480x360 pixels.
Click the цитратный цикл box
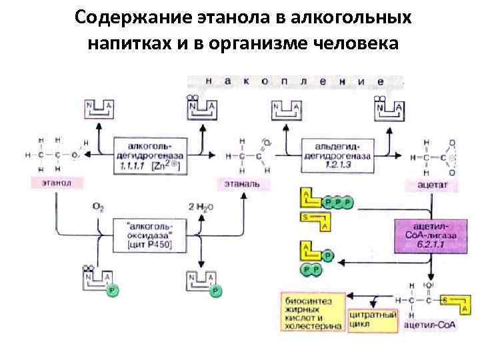tap(373, 319)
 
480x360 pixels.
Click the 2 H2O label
tap(201, 207)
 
